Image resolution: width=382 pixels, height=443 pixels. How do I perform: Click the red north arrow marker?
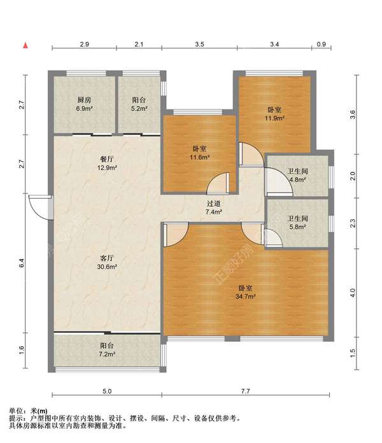[25, 45]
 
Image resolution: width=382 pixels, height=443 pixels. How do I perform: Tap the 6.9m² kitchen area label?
[85, 104]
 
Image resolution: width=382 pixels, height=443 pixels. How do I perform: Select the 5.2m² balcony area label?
[139, 104]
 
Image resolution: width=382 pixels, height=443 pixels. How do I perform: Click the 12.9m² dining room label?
[107, 164]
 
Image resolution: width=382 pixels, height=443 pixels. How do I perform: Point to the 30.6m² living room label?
[107, 262]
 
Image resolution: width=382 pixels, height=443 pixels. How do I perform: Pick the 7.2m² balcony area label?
[107, 350]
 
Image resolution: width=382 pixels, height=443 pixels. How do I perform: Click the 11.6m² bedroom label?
[199, 153]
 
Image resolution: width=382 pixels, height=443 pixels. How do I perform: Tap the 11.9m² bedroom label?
[274, 114]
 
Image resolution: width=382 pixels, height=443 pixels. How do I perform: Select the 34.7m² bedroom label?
[246, 292]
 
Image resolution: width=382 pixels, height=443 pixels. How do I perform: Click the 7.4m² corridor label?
[214, 207]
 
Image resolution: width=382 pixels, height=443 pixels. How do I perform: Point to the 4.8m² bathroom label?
[297, 175]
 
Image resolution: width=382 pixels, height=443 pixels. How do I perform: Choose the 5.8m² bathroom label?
[297, 222]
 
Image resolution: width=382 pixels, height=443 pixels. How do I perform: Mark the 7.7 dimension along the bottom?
[246, 391]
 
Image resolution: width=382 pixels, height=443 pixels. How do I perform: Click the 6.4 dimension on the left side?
[22, 263]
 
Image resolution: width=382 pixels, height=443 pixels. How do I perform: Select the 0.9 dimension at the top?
[322, 44]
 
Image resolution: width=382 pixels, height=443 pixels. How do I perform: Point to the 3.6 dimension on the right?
[353, 115]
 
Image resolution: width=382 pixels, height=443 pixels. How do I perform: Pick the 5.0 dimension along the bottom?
[107, 391]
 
